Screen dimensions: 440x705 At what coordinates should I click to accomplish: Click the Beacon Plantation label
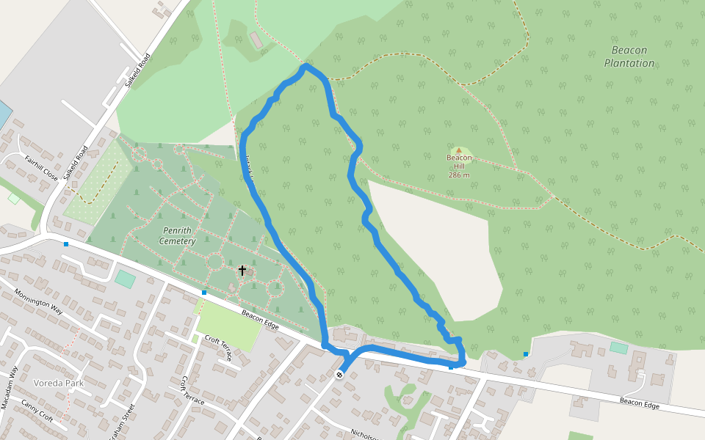point(629,56)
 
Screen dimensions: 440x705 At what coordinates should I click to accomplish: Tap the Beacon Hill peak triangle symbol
point(459,150)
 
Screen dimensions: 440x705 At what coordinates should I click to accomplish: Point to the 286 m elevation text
point(459,175)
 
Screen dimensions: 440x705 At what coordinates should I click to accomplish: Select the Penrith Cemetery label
point(177,236)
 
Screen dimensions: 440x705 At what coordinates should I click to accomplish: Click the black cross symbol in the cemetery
point(242,271)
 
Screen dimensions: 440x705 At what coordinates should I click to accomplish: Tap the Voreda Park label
point(59,383)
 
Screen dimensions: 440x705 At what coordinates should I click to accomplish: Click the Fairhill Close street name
point(41,168)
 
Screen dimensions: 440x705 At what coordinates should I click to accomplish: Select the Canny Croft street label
point(37,411)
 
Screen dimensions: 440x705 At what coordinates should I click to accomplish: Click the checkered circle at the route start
point(339,375)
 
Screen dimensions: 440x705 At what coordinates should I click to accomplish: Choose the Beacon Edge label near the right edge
point(640,403)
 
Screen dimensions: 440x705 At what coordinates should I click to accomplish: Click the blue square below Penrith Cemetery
point(204,293)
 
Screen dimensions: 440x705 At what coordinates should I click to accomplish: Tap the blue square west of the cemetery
point(66,243)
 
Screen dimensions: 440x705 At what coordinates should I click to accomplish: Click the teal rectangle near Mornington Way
point(126,279)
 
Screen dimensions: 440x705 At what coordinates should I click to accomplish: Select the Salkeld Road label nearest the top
point(137,70)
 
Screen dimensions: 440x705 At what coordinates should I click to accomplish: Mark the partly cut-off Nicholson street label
point(363,434)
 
